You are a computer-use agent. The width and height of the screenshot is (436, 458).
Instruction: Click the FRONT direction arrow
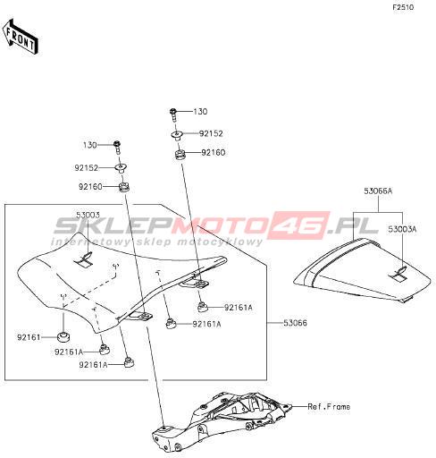click(x=21, y=37)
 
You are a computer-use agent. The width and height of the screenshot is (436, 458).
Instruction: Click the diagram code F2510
click(x=403, y=8)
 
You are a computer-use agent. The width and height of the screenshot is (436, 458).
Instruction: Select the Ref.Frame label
click(x=329, y=406)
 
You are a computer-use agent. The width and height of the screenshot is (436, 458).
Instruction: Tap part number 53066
click(x=295, y=323)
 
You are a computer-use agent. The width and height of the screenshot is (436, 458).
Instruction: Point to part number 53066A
click(x=378, y=191)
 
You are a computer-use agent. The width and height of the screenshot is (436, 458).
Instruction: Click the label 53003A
click(x=402, y=229)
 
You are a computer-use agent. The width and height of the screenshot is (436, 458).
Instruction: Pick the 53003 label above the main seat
click(x=88, y=215)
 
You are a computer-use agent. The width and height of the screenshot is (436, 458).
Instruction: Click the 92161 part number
click(x=29, y=337)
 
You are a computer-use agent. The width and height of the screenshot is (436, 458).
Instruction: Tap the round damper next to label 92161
click(x=63, y=337)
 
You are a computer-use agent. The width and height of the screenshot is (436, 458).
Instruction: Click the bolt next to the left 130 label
click(x=117, y=148)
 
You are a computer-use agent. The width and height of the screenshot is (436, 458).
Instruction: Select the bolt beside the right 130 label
click(x=173, y=114)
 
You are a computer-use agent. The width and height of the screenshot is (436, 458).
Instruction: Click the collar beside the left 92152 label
click(x=122, y=169)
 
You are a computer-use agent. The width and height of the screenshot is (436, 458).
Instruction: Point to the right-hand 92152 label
click(x=211, y=133)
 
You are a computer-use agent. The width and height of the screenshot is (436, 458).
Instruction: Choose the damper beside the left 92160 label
click(x=124, y=188)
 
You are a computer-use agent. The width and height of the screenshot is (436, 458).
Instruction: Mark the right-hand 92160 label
click(x=214, y=153)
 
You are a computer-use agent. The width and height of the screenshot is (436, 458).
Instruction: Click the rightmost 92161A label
click(x=239, y=308)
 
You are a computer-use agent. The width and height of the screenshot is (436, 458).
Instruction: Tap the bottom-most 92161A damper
click(x=129, y=362)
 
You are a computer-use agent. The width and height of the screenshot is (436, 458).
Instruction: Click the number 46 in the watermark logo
click(x=301, y=225)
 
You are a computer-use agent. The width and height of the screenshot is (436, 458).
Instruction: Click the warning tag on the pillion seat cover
click(x=398, y=276)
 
